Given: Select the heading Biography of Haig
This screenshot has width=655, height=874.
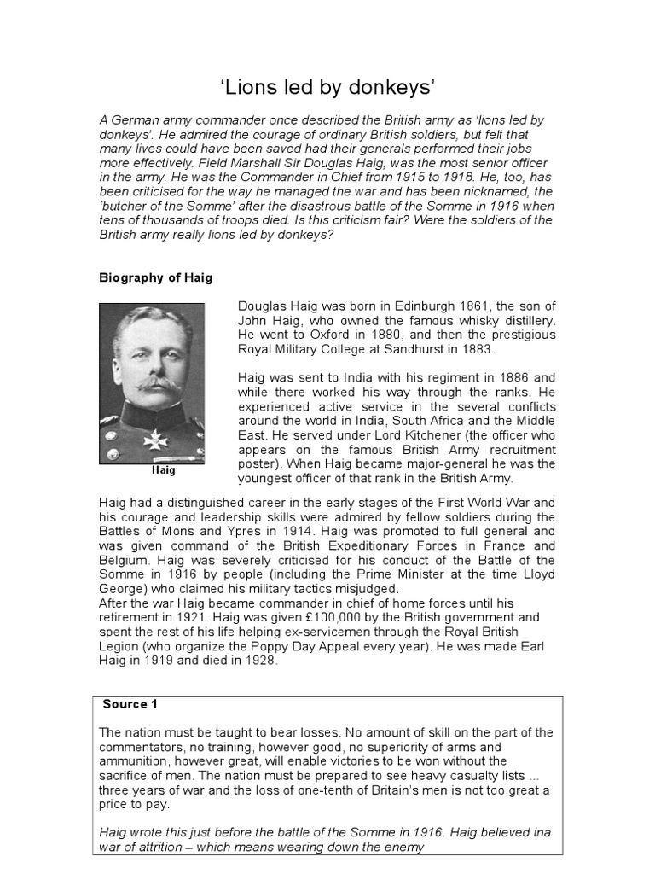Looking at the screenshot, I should [156, 278].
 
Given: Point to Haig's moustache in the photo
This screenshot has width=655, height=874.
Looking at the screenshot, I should [156, 385].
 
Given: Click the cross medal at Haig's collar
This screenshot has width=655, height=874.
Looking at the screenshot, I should [155, 440].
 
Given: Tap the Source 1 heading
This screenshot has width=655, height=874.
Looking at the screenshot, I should [130, 704].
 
